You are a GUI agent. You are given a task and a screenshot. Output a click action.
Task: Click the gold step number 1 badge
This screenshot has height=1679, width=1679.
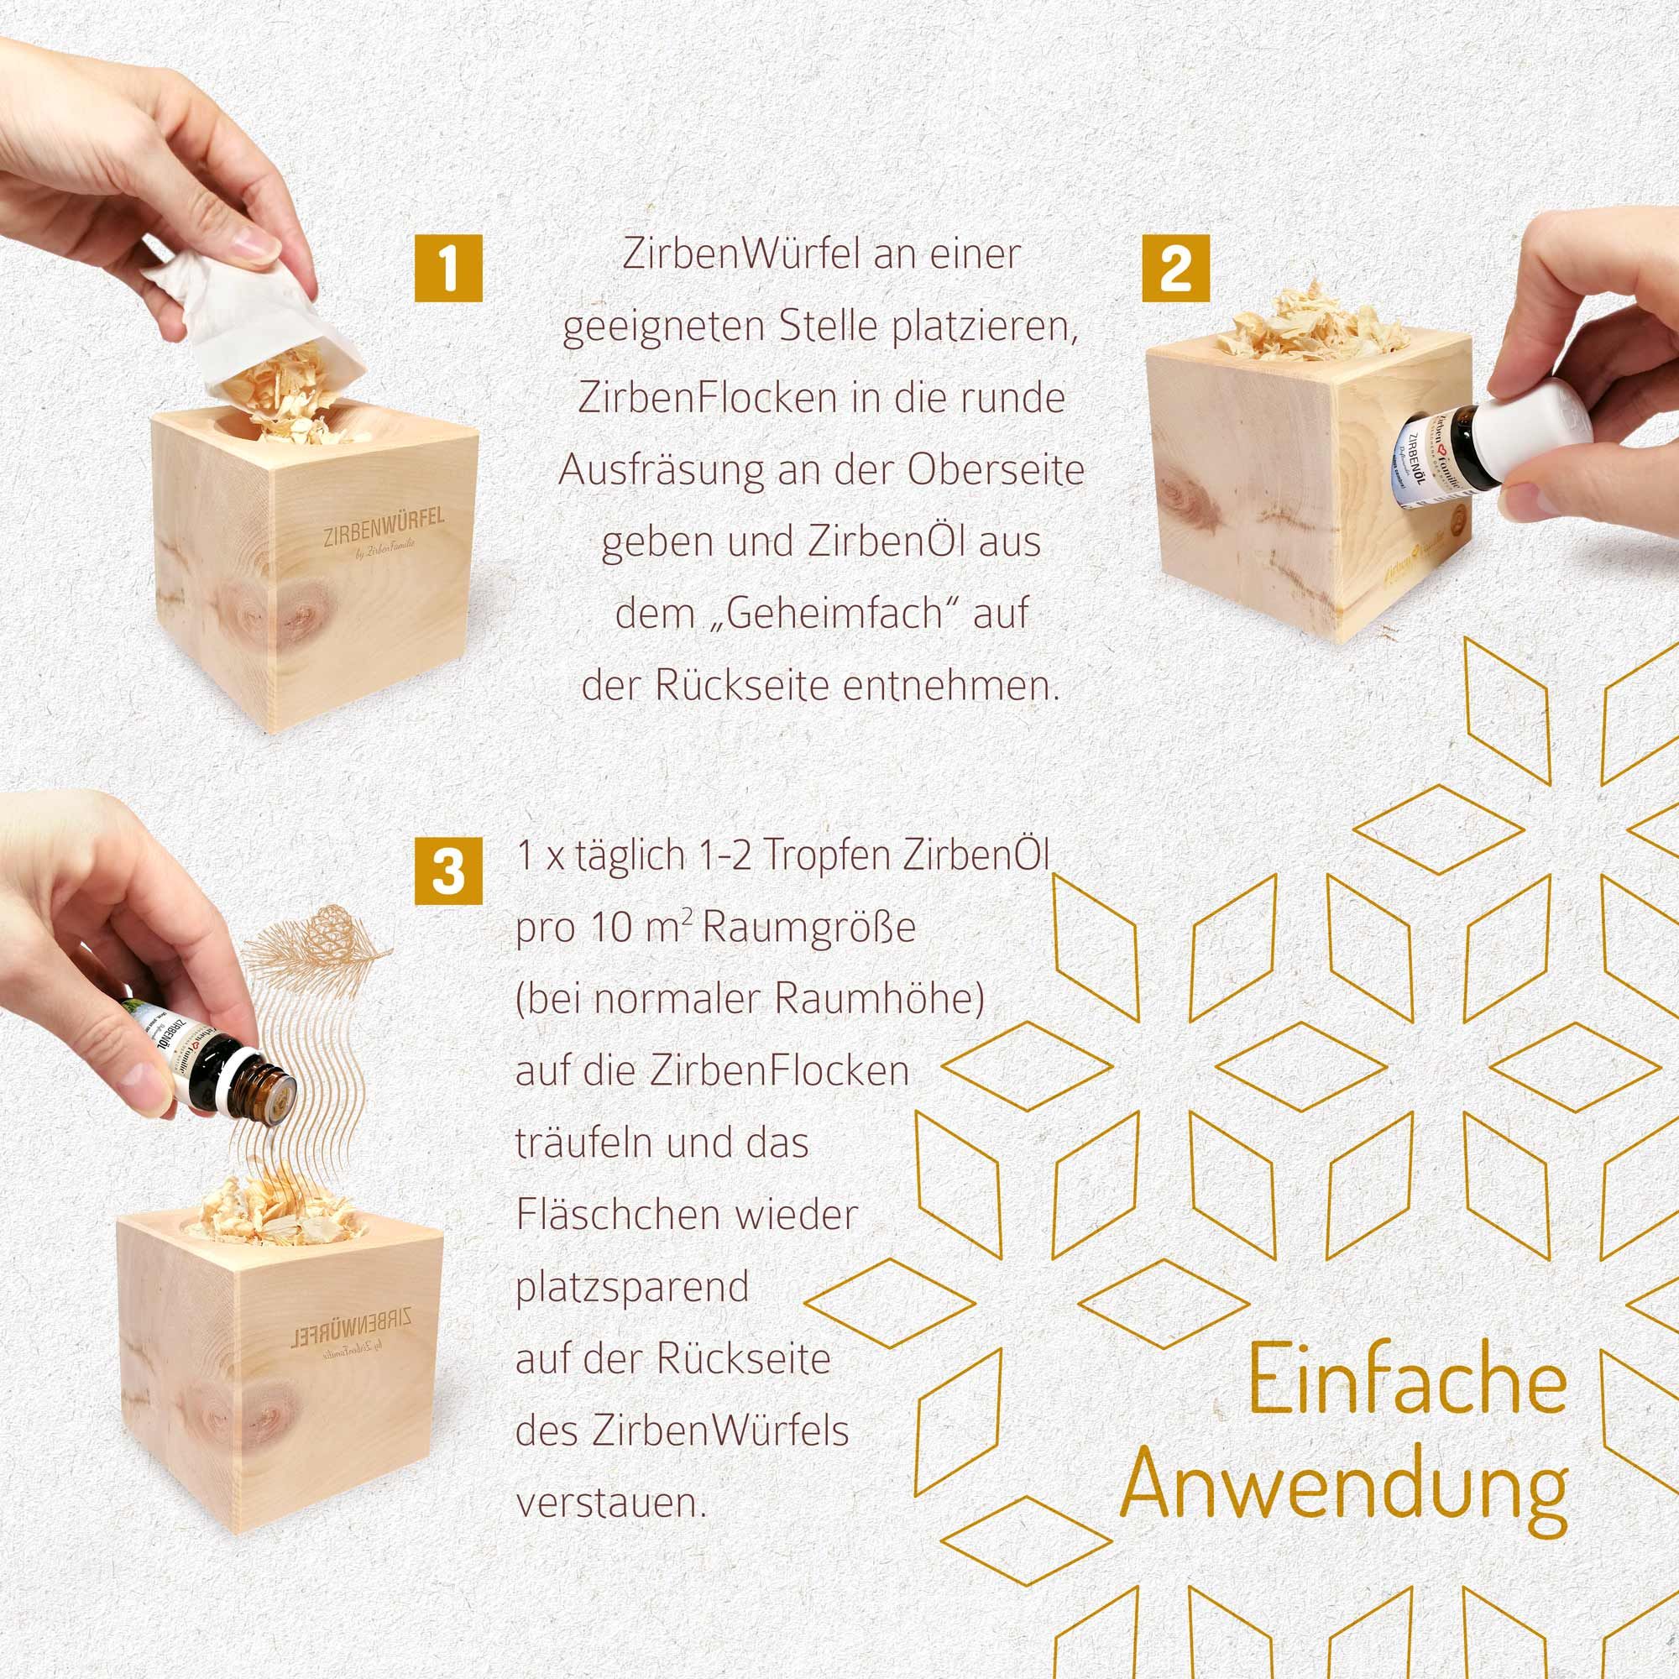[447, 269]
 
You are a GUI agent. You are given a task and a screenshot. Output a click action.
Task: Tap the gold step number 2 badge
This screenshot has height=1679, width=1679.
[1176, 269]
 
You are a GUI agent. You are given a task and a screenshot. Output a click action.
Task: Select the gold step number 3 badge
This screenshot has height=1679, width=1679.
[447, 870]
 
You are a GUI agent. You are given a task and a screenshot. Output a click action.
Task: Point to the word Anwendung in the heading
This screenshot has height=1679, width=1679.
[1344, 1491]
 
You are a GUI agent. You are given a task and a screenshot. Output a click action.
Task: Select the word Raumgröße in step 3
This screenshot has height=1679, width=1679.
[808, 928]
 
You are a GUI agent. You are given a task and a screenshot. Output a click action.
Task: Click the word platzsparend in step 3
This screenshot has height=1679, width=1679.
[632, 1287]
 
